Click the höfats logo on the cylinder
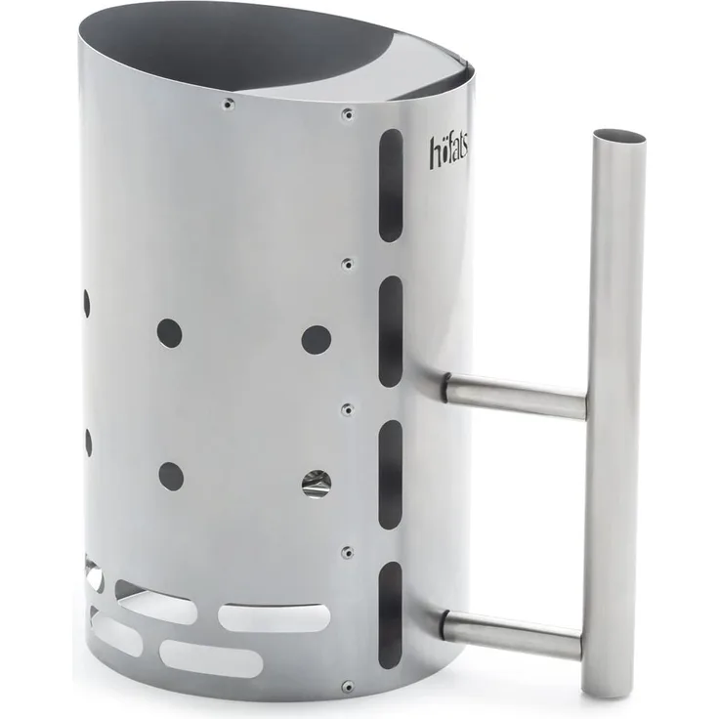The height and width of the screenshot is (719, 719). pyautogui.click(x=449, y=150)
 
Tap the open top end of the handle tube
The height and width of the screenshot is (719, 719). pyautogui.click(x=619, y=136)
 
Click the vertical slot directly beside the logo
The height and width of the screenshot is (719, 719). pyautogui.click(x=391, y=186)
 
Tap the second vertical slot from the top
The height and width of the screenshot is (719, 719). pyautogui.click(x=391, y=331)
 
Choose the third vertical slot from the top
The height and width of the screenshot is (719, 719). pyautogui.click(x=391, y=475)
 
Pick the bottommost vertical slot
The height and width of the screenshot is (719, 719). pyautogui.click(x=390, y=615)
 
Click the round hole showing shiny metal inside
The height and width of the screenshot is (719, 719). pyautogui.click(x=317, y=485)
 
